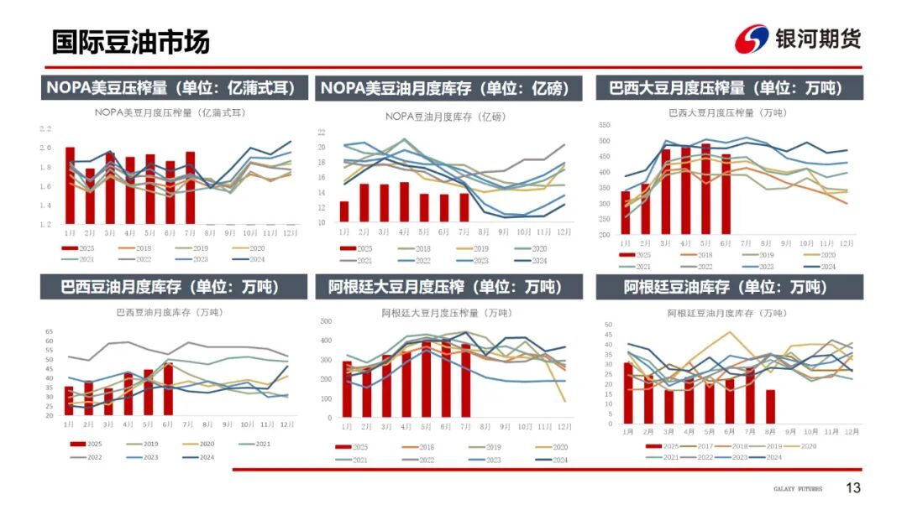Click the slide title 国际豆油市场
(x=131, y=42)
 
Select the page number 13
(x=853, y=488)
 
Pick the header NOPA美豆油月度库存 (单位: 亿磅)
(x=446, y=88)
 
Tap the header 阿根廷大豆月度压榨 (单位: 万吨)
(x=446, y=287)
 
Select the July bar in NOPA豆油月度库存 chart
(x=464, y=208)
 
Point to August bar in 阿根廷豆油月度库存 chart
(x=770, y=407)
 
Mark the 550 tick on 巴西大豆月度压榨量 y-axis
(x=604, y=125)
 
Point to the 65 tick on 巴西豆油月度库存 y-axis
(x=49, y=331)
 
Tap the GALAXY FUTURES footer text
(x=798, y=489)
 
